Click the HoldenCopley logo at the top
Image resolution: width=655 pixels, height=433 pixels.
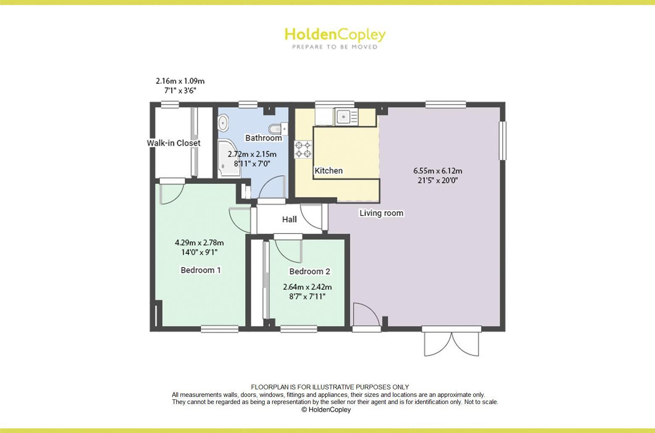[x=335, y=38]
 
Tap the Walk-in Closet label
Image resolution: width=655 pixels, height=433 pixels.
[x=173, y=143]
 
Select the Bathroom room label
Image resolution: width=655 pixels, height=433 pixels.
[x=263, y=138]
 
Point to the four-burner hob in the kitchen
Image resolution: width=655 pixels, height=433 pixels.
[x=303, y=149]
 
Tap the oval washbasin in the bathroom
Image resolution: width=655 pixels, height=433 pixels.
[x=223, y=123]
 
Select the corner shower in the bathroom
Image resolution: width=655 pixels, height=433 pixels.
[x=230, y=159]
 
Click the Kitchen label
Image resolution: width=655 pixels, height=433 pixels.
[x=329, y=171]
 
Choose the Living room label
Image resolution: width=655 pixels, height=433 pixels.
[x=381, y=213]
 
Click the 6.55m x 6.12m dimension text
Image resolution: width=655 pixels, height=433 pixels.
[x=438, y=171]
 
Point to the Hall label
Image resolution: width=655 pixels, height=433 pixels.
[x=289, y=219]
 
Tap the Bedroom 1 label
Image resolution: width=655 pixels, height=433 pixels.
[x=201, y=270]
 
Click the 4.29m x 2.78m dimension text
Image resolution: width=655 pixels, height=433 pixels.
[x=199, y=243]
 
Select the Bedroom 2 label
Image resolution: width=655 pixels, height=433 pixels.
[x=310, y=272]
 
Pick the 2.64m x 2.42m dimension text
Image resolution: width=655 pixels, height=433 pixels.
[x=308, y=287]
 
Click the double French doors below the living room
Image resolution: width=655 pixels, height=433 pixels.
[x=451, y=341]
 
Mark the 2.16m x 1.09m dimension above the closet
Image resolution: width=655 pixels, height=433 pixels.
[x=180, y=81]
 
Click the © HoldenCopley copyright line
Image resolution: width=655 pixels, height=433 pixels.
[x=326, y=409]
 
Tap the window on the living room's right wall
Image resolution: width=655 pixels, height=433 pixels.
[x=502, y=140]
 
